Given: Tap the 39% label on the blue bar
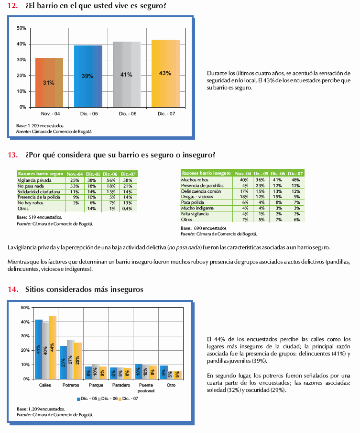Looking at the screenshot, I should pyautogui.click(x=87, y=76).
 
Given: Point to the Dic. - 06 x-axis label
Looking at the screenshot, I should pyautogui.click(x=127, y=113).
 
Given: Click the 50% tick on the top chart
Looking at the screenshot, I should pyautogui.click(x=21, y=28).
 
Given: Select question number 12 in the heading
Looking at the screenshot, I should pyautogui.click(x=13, y=5).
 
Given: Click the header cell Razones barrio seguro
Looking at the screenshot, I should pyautogui.click(x=40, y=174).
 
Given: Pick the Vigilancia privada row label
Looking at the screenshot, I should pyautogui.click(x=32, y=180).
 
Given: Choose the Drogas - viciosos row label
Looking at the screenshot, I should pyautogui.click(x=197, y=196).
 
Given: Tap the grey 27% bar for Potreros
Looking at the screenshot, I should pyautogui.click(x=71, y=359).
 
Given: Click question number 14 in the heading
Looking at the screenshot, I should pyautogui.click(x=13, y=289).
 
